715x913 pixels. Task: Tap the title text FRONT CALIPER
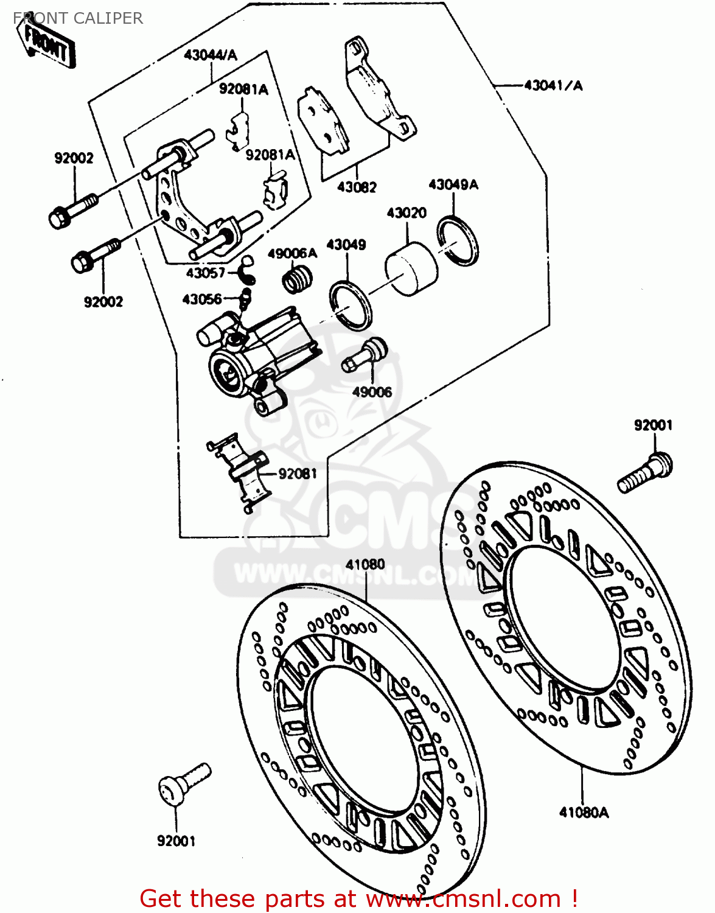pyautogui.click(x=78, y=18)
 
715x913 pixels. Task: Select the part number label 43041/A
pyautogui.click(x=553, y=86)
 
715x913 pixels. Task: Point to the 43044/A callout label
pyautogui.click(x=211, y=55)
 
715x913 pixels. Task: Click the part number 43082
pyautogui.click(x=357, y=187)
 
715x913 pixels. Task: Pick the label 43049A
pyautogui.click(x=453, y=184)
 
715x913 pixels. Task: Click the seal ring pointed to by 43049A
pyautogui.click(x=458, y=242)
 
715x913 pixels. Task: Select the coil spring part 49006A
pyautogui.click(x=298, y=281)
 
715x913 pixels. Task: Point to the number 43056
pyautogui.click(x=202, y=299)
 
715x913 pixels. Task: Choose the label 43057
pyautogui.click(x=206, y=273)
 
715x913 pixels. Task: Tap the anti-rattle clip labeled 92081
pyautogui.click(x=241, y=472)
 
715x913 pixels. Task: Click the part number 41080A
pyautogui.click(x=584, y=813)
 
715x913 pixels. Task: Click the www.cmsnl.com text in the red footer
pyautogui.click(x=463, y=899)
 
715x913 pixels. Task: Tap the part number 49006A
pyautogui.click(x=292, y=254)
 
